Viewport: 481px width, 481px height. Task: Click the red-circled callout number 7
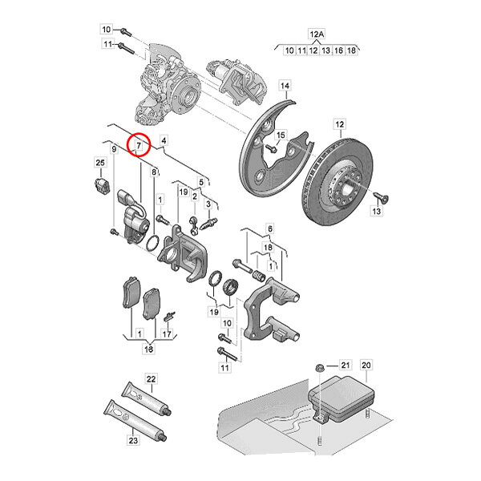139,145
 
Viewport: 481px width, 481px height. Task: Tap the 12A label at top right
317,34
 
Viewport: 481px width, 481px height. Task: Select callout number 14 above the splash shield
285,86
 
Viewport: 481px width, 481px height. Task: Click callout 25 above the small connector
100,162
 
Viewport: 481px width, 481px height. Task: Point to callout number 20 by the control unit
366,365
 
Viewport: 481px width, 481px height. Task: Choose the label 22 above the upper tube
152,379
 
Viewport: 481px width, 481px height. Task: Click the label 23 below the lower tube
133,440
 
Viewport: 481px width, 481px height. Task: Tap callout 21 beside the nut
346,365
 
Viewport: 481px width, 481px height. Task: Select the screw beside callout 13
381,197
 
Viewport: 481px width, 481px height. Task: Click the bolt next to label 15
271,148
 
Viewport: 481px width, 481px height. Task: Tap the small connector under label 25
102,185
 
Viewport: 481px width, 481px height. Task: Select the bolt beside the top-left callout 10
126,31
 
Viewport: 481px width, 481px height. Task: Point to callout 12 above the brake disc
340,124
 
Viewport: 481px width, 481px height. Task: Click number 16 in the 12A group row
338,50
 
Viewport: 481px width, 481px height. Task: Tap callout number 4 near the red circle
164,140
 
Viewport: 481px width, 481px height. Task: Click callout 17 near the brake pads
167,333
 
